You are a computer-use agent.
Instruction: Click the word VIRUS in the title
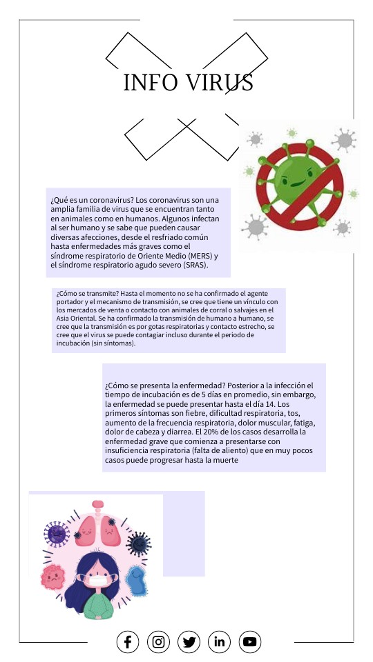click(x=217, y=83)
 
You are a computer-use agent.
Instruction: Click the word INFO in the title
click(x=147, y=83)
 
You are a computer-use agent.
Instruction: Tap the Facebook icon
click(x=128, y=642)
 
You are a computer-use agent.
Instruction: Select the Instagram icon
click(x=158, y=642)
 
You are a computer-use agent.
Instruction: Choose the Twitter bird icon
click(x=189, y=642)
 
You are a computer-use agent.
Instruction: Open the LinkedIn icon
click(x=220, y=642)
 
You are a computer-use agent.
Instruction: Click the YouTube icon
click(x=250, y=642)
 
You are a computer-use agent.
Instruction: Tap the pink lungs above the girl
click(x=97, y=529)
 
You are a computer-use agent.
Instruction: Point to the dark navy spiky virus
click(x=139, y=542)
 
